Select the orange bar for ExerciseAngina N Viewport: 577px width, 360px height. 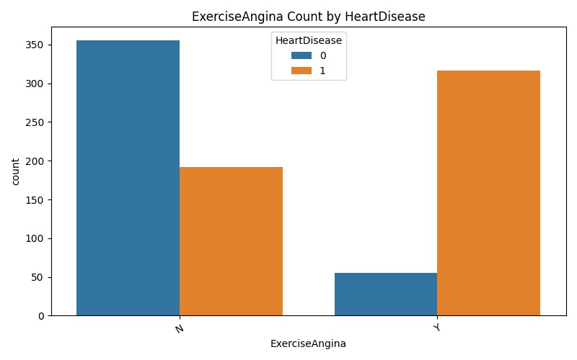click(x=231, y=241)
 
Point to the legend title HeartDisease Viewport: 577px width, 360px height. click(x=309, y=41)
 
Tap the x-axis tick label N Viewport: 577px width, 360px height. click(x=179, y=328)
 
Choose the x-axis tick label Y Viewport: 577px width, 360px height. click(x=436, y=328)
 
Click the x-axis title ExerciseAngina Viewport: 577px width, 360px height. click(x=308, y=344)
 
